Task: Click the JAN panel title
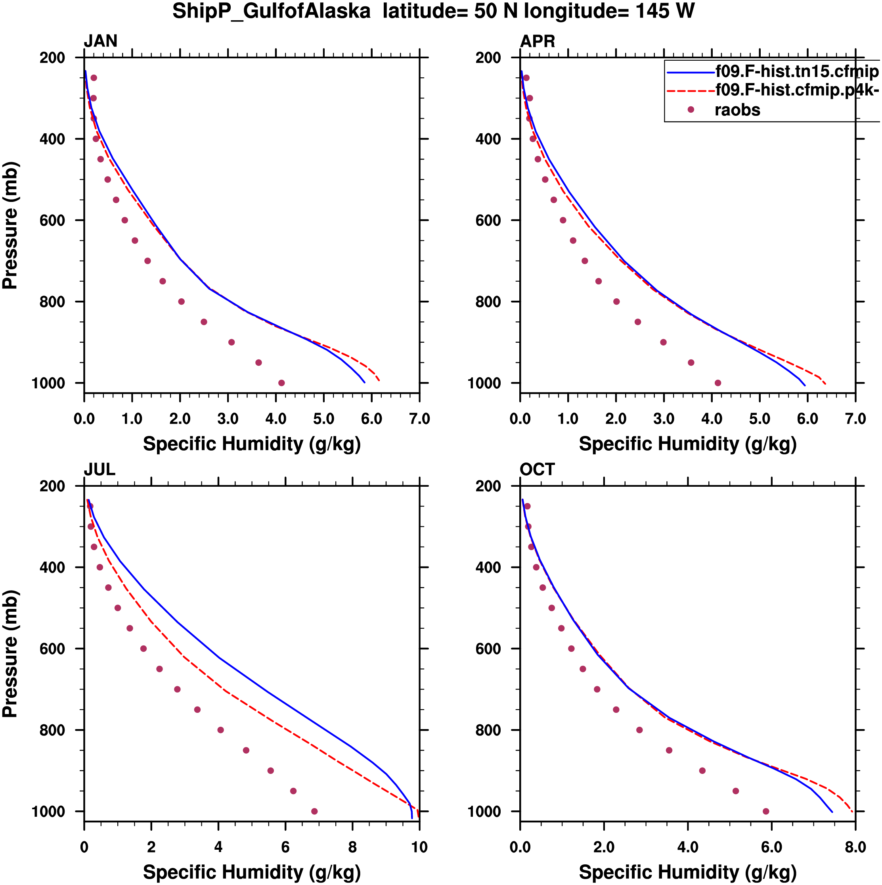coord(100,41)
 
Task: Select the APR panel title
coord(538,41)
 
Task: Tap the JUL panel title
coord(99,470)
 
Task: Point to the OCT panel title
coord(537,470)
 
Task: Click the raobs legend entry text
coord(737,110)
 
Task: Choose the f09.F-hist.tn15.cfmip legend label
coord(796,71)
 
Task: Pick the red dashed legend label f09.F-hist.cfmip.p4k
coord(796,90)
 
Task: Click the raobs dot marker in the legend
coord(691,109)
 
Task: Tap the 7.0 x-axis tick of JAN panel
coord(419,419)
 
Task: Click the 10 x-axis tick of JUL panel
coord(419,847)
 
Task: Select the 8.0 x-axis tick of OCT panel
coord(855,847)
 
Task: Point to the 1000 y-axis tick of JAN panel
coord(48,383)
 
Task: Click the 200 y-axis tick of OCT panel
coord(488,486)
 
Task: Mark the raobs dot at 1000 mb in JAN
coord(281,383)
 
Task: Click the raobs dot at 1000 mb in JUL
coord(314,811)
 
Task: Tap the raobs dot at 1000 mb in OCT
coord(766,811)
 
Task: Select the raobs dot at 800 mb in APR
coord(616,301)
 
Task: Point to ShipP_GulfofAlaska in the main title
coord(272,11)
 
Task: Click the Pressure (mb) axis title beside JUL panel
coord(10,653)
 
